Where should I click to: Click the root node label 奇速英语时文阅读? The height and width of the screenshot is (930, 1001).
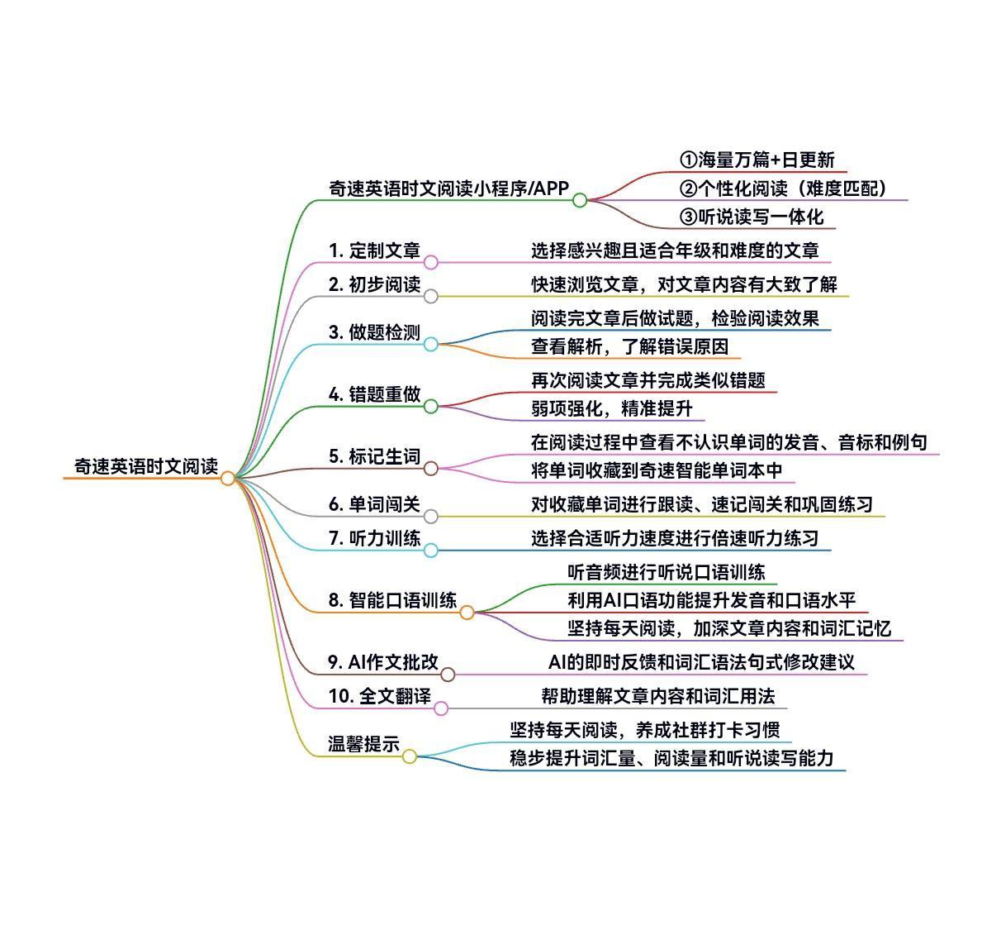pos(146,466)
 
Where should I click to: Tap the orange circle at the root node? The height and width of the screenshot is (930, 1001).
pos(228,479)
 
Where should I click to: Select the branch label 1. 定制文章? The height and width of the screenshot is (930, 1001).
pos(374,250)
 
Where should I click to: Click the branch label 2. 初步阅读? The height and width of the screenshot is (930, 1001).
pos(374,285)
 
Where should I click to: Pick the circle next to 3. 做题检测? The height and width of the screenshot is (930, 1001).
pos(431,344)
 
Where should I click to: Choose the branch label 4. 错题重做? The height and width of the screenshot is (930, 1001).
pos(374,395)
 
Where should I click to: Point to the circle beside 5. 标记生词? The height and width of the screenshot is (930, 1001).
pos(431,469)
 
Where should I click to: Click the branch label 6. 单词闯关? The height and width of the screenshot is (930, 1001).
pos(374,504)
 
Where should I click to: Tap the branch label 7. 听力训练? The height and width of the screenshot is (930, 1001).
pos(374,539)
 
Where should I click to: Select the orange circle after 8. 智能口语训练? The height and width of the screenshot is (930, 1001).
pos(467,613)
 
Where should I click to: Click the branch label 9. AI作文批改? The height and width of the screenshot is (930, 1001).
pos(383,662)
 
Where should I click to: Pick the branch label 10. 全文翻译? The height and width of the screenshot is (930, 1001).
pos(379,697)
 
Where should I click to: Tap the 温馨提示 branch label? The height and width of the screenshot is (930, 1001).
pos(364,744)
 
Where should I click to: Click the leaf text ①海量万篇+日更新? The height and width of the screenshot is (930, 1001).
pos(757,160)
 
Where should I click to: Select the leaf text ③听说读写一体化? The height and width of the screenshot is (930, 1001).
pos(752,217)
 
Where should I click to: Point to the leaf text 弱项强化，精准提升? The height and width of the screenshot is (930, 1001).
pos(611,408)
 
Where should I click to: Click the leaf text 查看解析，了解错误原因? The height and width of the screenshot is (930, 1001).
pos(629,347)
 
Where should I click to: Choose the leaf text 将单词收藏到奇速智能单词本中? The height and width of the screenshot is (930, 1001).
pos(656,471)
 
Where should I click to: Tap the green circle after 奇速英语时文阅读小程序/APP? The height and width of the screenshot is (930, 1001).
pos(580,200)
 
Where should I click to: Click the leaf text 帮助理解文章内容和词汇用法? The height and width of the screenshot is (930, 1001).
pos(658,697)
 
